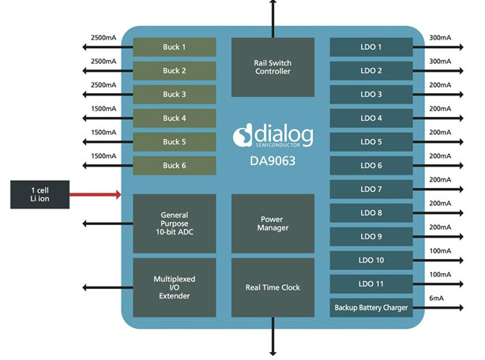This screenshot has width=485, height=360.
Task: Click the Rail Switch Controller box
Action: click(x=273, y=65)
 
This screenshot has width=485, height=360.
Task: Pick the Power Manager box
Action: click(x=273, y=223)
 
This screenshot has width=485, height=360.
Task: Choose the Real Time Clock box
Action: click(x=273, y=287)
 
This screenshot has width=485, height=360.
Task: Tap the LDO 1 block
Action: click(x=371, y=47)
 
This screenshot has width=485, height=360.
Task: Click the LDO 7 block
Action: click(x=371, y=189)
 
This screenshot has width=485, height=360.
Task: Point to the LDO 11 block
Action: click(x=371, y=283)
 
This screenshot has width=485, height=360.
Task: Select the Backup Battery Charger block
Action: click(x=371, y=308)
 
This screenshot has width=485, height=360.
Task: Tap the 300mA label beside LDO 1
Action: click(x=440, y=37)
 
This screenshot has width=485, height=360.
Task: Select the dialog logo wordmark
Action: click(x=282, y=135)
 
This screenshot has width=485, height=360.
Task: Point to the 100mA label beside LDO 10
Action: click(x=440, y=252)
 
